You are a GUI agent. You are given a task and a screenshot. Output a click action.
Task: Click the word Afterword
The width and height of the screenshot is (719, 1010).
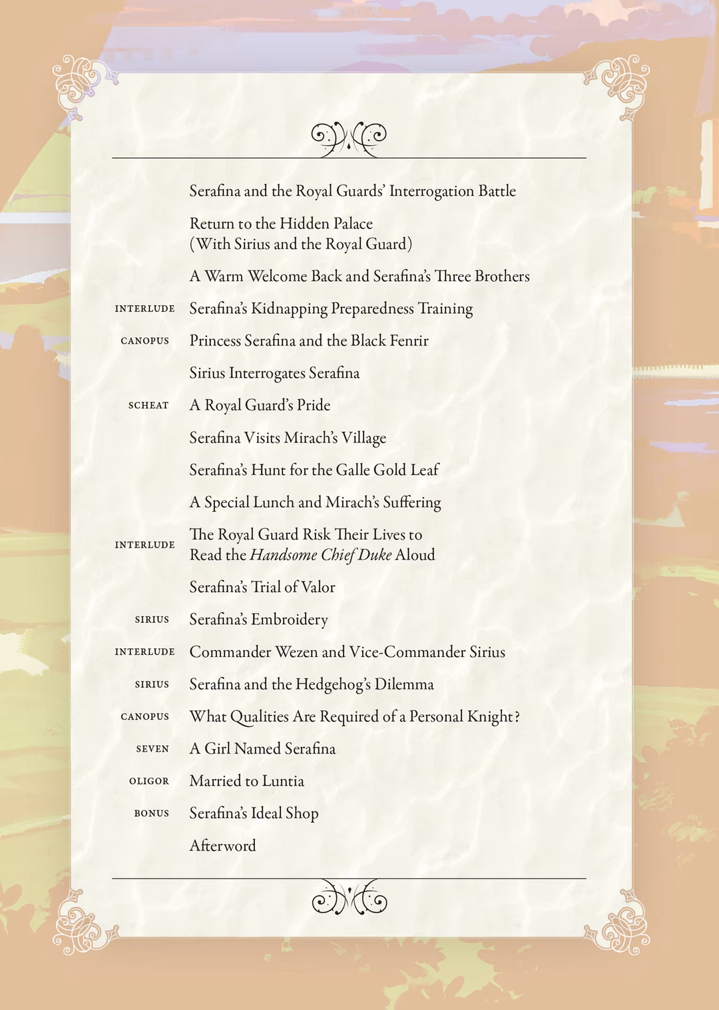222,845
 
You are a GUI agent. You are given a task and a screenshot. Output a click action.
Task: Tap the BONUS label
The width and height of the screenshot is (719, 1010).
151,813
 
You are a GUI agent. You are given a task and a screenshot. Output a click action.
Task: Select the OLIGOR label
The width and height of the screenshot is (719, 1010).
149,781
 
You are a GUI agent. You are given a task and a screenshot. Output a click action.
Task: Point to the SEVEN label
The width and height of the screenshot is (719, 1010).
152,749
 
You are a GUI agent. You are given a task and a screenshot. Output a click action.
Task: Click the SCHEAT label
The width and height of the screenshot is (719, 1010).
148,405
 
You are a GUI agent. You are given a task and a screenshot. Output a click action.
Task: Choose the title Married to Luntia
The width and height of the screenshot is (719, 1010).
246,781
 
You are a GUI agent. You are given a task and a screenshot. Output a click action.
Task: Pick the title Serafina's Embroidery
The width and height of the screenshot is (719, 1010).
258,620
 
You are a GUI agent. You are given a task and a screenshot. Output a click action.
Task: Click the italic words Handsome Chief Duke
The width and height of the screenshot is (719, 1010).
320,555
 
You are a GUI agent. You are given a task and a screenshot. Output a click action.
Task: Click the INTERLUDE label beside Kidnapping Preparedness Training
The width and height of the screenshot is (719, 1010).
144,308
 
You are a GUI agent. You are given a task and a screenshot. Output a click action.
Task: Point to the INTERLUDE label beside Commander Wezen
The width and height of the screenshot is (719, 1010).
144,652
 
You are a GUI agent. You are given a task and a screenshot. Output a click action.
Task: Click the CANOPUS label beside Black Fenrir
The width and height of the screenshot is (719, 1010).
144,340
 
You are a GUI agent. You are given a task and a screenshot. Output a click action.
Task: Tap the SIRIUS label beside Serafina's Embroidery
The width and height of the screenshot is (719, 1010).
152,620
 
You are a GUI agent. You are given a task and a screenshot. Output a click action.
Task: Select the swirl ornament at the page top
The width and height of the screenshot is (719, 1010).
349,137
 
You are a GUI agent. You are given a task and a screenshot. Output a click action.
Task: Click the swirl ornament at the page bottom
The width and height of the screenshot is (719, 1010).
349,899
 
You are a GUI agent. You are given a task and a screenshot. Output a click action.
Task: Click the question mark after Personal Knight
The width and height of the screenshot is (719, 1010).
517,717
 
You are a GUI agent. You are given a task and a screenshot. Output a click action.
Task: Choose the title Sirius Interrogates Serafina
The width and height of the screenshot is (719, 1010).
274,373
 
